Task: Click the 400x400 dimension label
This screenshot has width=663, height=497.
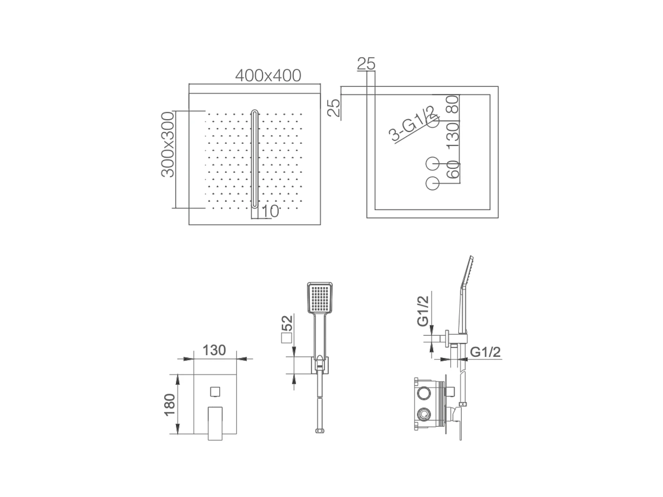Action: [x=268, y=76]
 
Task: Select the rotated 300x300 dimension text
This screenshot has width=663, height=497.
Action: [x=168, y=144]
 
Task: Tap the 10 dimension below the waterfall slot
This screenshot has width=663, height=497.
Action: [x=270, y=211]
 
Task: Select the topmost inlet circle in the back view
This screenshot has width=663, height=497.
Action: [x=432, y=121]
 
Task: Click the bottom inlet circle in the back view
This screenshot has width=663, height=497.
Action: [x=432, y=183]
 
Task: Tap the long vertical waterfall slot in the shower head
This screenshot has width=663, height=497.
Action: [x=255, y=159]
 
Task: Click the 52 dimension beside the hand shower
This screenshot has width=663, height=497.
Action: [x=287, y=324]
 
